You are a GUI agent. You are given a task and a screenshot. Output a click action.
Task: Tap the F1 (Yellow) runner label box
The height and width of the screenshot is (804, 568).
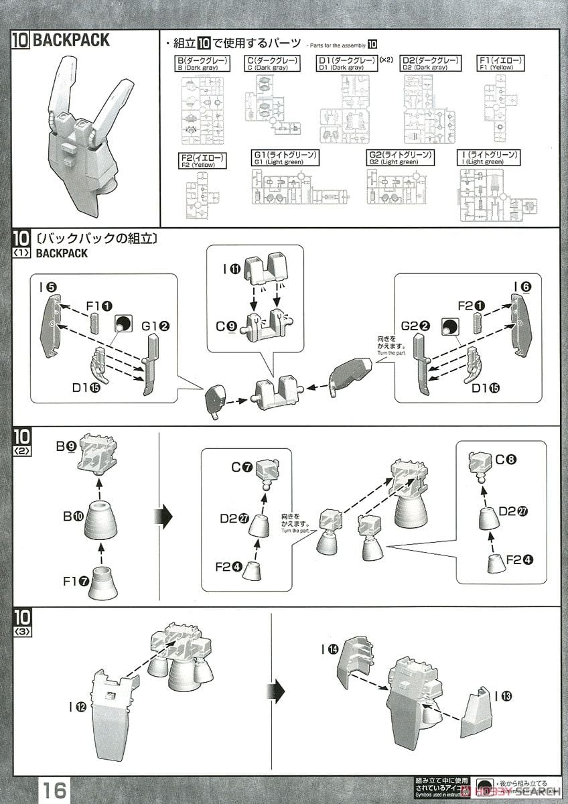pos(501,64)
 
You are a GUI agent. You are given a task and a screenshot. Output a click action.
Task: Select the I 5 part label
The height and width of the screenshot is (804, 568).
pos(47,287)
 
